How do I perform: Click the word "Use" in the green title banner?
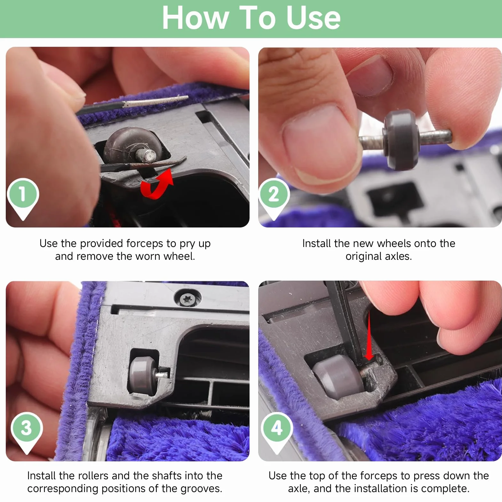tap(313, 18)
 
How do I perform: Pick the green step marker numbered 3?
tap(27, 432)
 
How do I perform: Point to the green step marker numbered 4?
tap(277, 432)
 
